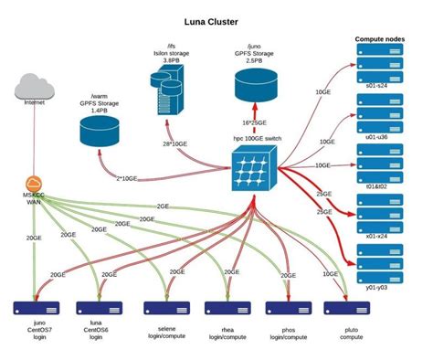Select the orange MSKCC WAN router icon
(34, 184)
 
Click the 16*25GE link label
(254, 121)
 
